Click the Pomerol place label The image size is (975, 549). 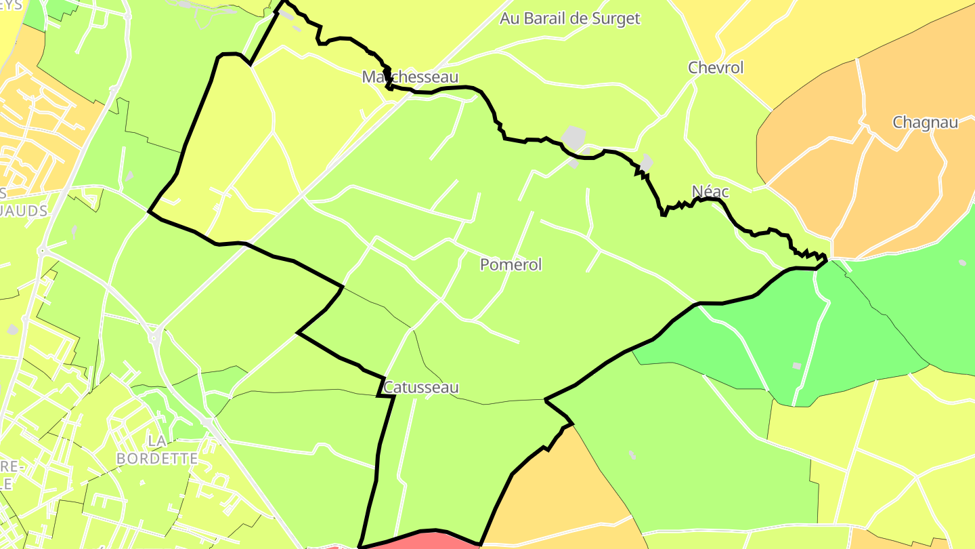511,264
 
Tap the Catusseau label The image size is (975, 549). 421,387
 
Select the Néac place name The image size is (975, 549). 710,192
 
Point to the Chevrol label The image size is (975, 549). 716,68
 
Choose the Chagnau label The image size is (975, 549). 925,123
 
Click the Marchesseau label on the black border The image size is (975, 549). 410,77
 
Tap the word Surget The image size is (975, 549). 614,18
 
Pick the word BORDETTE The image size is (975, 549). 157,459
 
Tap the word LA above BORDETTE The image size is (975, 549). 157,441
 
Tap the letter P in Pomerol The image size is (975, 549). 485,264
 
